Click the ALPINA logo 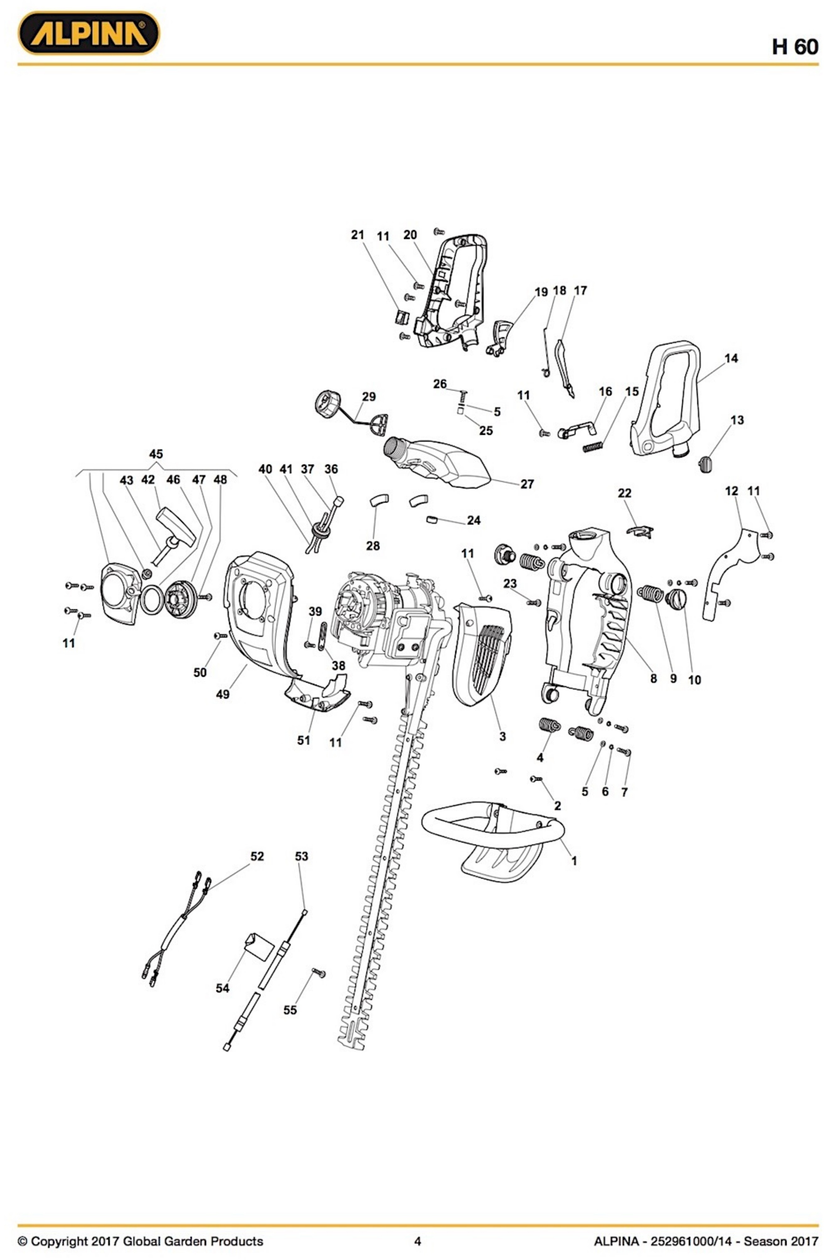[88, 33]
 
